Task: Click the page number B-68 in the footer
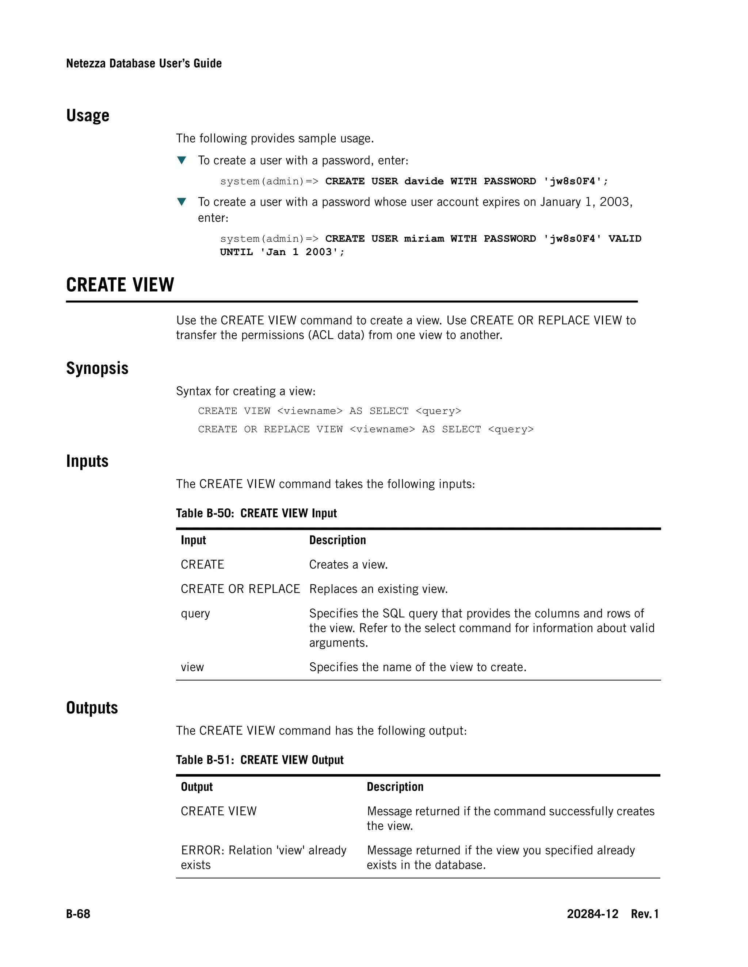pos(78,914)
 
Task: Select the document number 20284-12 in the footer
pos(592,914)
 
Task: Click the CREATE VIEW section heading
pos(120,285)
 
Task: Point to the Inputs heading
pos(87,461)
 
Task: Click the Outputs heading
pos(92,708)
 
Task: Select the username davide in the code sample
pos(424,181)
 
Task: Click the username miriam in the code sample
pos(424,239)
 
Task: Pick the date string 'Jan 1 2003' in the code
pos(302,252)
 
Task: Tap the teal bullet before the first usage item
pos(181,160)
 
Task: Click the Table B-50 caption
pos(256,513)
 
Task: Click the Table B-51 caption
pos(260,760)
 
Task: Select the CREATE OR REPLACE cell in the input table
pos(240,589)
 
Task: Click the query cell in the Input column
pos(195,614)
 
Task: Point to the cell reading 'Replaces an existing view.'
pos(378,589)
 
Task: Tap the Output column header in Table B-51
pos(197,787)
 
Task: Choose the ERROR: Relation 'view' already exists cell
pos(263,857)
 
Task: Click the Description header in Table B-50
pos(337,540)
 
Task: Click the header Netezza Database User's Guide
pos(144,63)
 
